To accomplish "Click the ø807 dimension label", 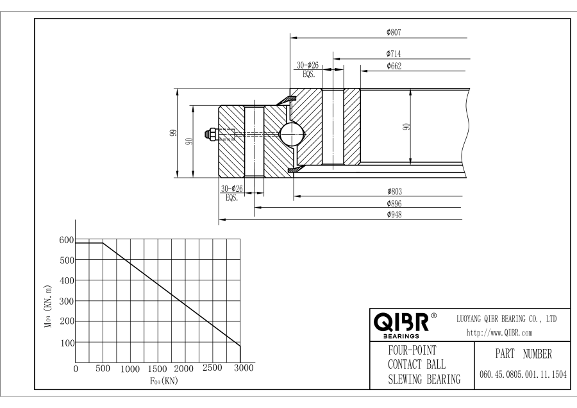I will [394, 31].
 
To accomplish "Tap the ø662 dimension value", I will [394, 66].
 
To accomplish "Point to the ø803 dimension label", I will [394, 191].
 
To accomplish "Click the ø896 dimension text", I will [394, 203].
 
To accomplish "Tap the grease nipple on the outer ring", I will [211, 134].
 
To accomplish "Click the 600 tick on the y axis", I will [66, 240].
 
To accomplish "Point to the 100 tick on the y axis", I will [66, 343].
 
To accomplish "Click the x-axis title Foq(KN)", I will [163, 380].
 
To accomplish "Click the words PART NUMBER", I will [523, 354].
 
